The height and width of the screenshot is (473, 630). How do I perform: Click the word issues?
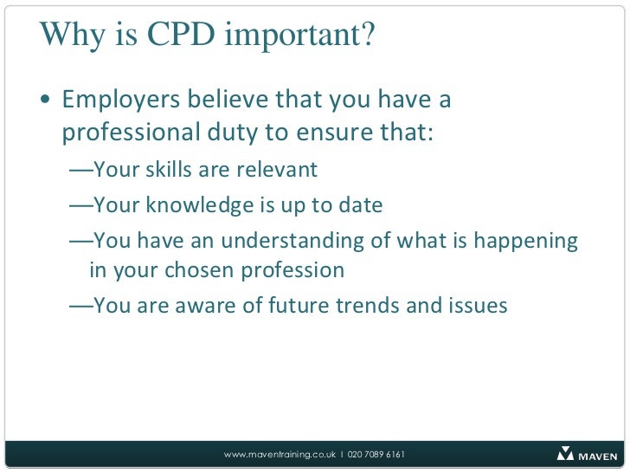point(477,306)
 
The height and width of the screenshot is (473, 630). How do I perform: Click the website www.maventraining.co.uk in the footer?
point(280,455)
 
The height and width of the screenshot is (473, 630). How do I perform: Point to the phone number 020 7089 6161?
point(376,455)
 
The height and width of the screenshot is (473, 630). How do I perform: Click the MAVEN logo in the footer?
point(588,454)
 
